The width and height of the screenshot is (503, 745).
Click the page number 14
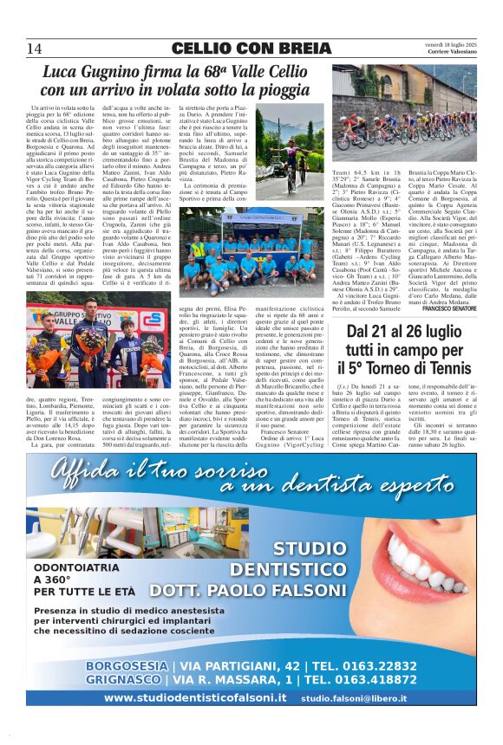tap(35, 48)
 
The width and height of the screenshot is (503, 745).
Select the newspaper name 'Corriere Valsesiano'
tap(451, 51)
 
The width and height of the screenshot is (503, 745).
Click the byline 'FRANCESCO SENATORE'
tap(449, 308)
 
